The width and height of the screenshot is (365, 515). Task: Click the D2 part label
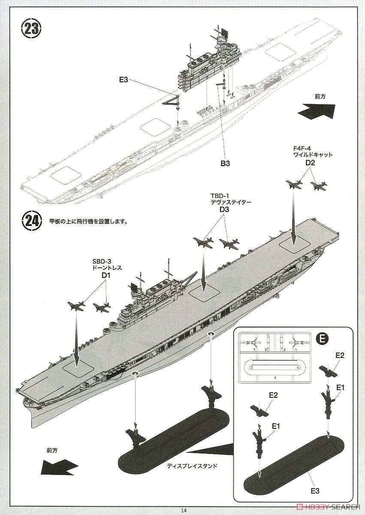click(x=310, y=163)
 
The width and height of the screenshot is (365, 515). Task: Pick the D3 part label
click(x=224, y=209)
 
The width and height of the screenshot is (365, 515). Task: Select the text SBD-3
click(x=101, y=261)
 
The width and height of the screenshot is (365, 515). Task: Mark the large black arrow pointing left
click(x=60, y=466)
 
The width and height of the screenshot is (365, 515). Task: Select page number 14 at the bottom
click(x=184, y=510)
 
